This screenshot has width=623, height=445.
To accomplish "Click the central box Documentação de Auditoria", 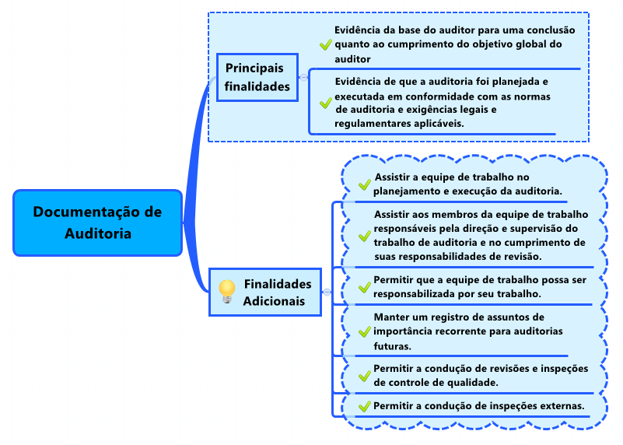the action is [x=98, y=223].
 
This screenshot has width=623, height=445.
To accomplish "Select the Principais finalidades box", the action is [x=257, y=77].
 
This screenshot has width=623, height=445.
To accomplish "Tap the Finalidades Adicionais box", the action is [x=265, y=292].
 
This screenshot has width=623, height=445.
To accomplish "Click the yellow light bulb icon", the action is [x=227, y=292].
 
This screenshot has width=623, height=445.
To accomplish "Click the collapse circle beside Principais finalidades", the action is [x=303, y=78].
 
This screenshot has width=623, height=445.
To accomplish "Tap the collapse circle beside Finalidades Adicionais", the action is [x=327, y=293].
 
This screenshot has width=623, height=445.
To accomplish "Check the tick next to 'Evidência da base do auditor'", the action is [x=326, y=44].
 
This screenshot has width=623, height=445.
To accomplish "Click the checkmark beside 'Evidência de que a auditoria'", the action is [x=326, y=103].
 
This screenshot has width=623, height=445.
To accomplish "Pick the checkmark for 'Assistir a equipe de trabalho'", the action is [x=364, y=184].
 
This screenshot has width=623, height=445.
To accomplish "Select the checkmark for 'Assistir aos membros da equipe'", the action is [x=364, y=236].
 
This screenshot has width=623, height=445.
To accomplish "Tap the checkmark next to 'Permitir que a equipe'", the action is [x=364, y=287].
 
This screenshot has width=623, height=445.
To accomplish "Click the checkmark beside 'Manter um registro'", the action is [x=364, y=331].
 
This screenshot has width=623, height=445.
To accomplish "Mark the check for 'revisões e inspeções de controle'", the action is [x=364, y=376].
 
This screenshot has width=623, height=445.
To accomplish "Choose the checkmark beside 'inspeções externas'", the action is [x=364, y=406].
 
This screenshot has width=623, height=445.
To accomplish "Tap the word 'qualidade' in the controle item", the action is [x=472, y=383].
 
